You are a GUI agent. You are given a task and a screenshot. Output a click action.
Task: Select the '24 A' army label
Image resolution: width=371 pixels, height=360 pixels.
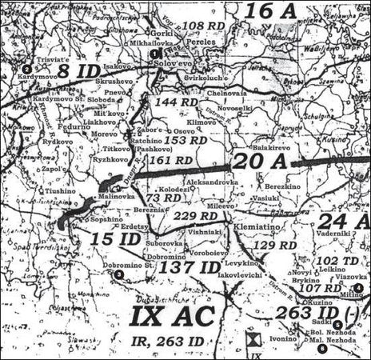coord(344,221)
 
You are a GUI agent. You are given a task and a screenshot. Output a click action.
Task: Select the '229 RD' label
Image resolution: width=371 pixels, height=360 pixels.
coord(196,216)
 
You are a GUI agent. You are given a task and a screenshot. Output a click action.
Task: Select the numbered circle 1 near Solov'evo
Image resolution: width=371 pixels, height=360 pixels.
coord(153,53)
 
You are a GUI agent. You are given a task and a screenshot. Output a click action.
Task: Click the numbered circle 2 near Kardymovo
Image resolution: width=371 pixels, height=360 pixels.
coord(26,69)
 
